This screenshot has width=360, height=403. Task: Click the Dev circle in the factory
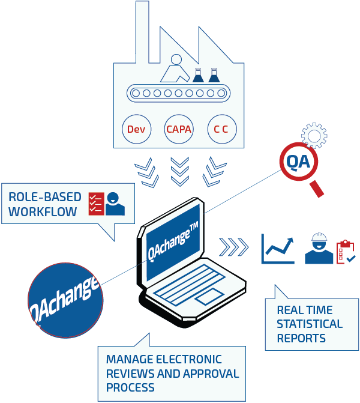click(136, 129)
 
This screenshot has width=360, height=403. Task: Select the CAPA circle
click(179, 129)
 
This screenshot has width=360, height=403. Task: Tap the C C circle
click(221, 129)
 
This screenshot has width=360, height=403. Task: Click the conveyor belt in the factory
click(178, 93)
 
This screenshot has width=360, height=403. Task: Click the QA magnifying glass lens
click(298, 162)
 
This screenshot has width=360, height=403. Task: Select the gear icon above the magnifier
click(314, 135)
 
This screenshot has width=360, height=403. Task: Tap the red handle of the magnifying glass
click(317, 188)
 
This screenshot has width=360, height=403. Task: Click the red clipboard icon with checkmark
click(346, 252)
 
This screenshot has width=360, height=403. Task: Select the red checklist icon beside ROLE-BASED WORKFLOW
click(96, 204)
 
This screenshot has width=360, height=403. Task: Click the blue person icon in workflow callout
click(115, 204)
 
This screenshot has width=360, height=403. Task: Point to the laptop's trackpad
click(208, 298)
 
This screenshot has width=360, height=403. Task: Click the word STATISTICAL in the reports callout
click(310, 324)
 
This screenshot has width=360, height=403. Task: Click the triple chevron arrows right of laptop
click(234, 246)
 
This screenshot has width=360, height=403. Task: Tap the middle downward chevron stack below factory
click(179, 171)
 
